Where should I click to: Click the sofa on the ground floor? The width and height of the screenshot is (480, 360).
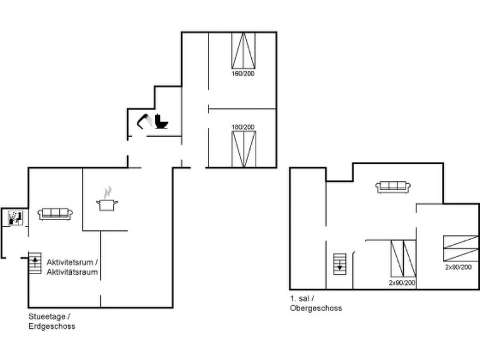point(56,214)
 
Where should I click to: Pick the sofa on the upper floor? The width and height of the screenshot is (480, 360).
point(393,186)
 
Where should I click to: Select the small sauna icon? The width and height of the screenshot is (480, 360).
point(14,218)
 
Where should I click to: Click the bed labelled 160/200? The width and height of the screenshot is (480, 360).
point(244,50)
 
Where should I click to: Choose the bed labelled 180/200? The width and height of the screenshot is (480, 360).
point(243,149)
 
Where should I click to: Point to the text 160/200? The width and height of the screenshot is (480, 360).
point(243,73)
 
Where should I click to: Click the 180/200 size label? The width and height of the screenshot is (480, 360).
point(243,127)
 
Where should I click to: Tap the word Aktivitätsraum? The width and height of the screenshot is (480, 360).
point(72,272)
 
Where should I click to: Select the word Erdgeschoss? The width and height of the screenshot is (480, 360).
point(52,326)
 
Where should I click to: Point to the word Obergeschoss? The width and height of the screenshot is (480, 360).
point(315,308)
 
